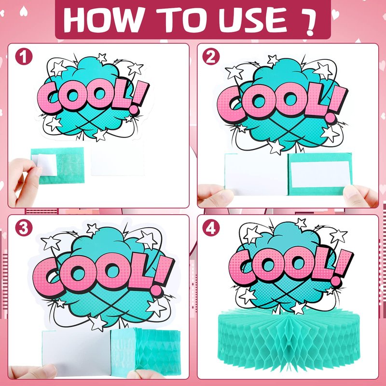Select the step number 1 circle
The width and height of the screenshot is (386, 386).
click(24, 56)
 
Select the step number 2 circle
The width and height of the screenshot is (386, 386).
click(211, 56)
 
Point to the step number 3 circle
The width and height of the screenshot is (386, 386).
click(24, 228)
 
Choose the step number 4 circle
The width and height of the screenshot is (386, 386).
click(211, 228)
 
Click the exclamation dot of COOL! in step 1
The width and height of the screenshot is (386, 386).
click(134, 110)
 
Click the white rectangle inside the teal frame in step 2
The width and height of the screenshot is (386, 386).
click(320, 174)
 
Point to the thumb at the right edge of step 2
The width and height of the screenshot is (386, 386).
click(360, 196)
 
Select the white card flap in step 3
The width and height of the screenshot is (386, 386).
click(77, 353)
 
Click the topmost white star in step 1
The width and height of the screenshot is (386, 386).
click(101, 58)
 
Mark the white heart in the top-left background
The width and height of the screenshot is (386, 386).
click(23, 11)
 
